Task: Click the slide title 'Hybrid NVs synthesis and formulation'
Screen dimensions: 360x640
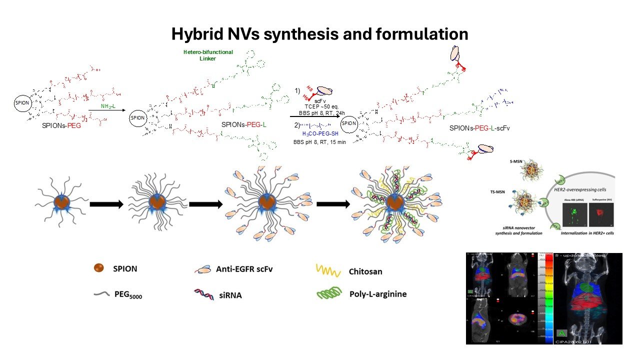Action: click(319, 34)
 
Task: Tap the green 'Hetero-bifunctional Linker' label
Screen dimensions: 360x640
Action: click(207, 55)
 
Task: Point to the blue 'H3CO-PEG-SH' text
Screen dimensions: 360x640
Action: click(320, 133)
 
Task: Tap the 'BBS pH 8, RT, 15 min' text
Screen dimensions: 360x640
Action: click(319, 142)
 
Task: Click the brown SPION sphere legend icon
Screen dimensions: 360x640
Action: click(99, 268)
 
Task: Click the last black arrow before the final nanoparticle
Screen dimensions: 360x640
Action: click(333, 204)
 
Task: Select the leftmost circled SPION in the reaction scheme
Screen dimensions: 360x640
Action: click(22, 103)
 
